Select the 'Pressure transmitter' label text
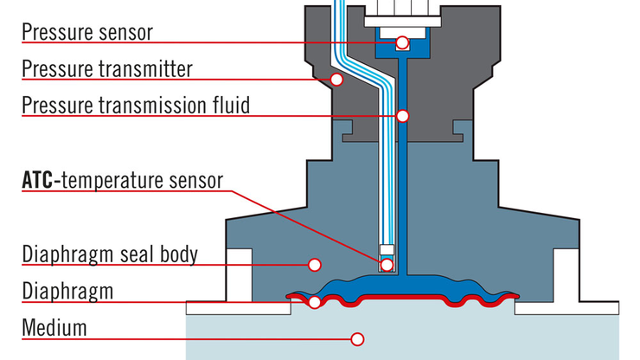(107, 68)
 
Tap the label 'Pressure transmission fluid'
(136, 106)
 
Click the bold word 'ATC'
(38, 181)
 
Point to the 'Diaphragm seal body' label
(110, 254)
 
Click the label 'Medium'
(54, 328)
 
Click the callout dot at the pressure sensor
(402, 42)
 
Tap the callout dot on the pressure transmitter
(337, 80)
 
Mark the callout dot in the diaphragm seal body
(315, 265)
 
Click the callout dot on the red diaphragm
(315, 302)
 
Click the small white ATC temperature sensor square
(387, 253)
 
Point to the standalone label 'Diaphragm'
(67, 291)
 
